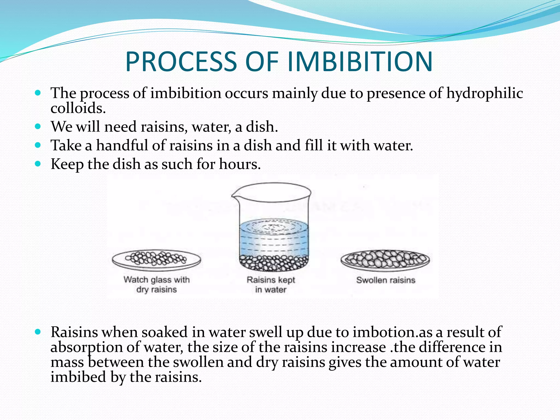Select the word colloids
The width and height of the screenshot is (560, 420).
pos(78,108)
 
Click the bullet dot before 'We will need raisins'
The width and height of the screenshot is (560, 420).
pos(38,127)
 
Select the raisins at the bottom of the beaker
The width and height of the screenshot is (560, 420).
pos(273,263)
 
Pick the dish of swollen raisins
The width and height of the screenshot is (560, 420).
pos(385,260)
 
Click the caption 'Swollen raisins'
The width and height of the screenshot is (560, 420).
pos(386,280)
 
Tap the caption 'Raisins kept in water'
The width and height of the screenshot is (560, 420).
pos(271,285)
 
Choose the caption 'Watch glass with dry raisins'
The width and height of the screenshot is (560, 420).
pos(156,285)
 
